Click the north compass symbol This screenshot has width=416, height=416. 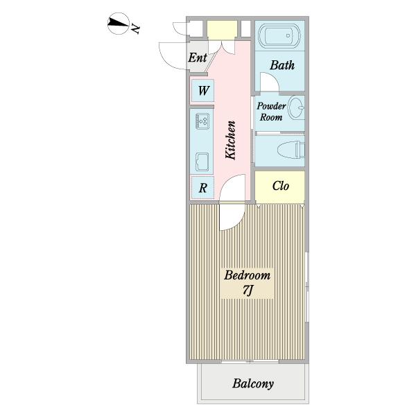[x=119, y=24]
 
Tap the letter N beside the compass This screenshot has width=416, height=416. [x=135, y=28]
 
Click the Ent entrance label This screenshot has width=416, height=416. [x=198, y=58]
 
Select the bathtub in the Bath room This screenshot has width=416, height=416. [x=279, y=36]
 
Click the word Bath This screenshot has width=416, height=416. [x=282, y=65]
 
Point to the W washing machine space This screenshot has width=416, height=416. [x=202, y=91]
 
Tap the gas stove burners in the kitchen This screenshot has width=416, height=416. [x=202, y=121]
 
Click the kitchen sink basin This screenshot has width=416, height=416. [x=202, y=162]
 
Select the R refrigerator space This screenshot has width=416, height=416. [x=202, y=188]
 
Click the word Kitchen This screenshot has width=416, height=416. [x=231, y=140]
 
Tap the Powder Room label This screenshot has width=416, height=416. [x=271, y=112]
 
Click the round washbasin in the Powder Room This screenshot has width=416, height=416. [x=296, y=107]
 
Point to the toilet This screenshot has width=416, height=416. [x=291, y=150]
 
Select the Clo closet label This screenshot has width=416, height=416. [x=280, y=186]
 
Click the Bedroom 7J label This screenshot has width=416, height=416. [x=248, y=283]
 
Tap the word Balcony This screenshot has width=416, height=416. [x=253, y=384]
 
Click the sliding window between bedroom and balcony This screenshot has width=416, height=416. [x=250, y=361]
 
